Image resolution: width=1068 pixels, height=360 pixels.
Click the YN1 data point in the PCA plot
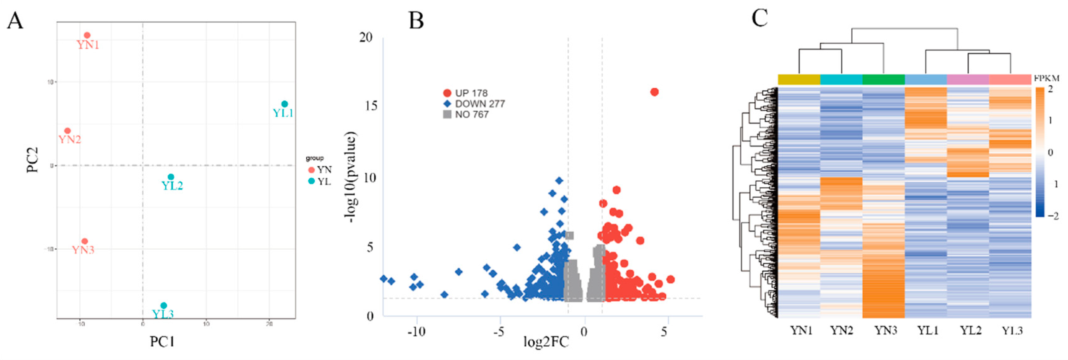pos(87,36)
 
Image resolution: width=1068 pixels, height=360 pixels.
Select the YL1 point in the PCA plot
pos(284,104)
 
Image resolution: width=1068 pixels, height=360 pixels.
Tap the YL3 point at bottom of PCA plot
pos(164,306)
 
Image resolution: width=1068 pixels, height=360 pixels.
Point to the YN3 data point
pos(85,241)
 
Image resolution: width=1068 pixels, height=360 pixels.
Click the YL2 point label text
pos(172,186)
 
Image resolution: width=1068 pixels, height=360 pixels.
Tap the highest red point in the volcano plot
pos(654,92)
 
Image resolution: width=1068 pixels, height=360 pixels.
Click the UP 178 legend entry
pos(465,93)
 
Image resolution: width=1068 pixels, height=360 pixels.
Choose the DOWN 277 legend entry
pos(474,104)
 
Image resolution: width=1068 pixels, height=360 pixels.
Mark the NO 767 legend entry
pos(466,115)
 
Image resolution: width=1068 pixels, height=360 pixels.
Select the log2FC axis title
pos(546,342)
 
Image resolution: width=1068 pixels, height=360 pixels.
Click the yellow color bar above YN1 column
pos(799,79)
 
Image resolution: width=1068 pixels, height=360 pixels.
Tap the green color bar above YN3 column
pos(883,79)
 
